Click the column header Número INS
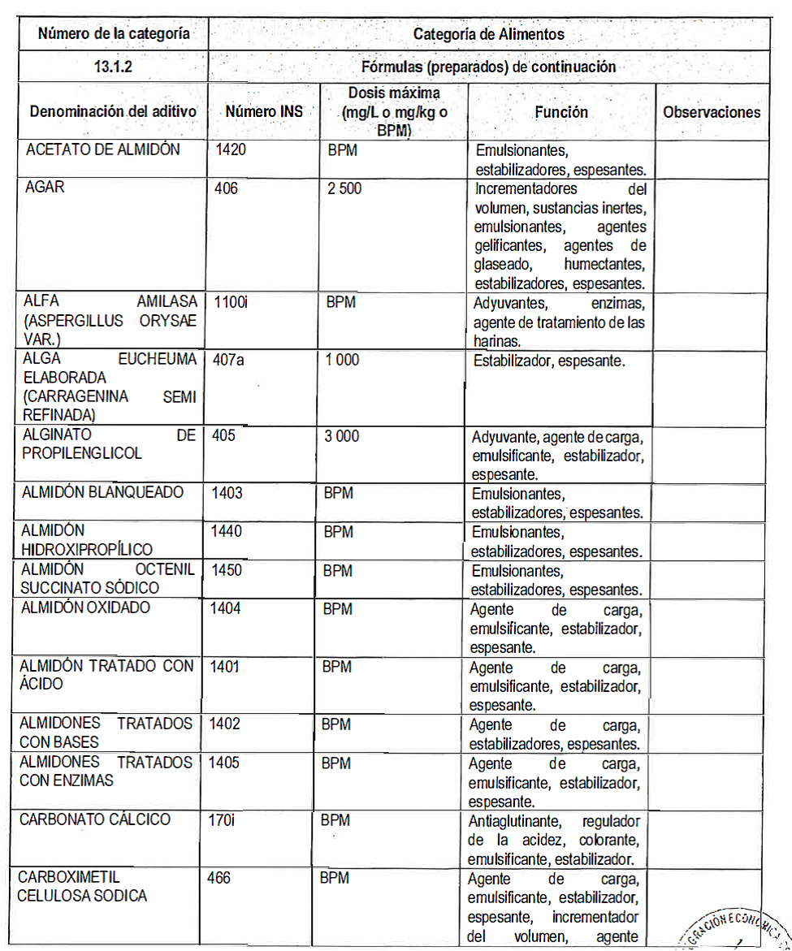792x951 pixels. pyautogui.click(x=263, y=111)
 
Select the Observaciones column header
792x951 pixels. pyautogui.click(x=712, y=112)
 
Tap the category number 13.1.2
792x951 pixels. pyautogui.click(x=113, y=67)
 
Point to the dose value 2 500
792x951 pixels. pyautogui.click(x=344, y=189)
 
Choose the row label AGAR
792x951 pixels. pyautogui.click(x=45, y=188)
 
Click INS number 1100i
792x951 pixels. pyautogui.click(x=231, y=302)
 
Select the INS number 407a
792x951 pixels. pyautogui.click(x=228, y=359)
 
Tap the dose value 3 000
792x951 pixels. pyautogui.click(x=341, y=436)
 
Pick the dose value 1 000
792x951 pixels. pyautogui.click(x=342, y=359)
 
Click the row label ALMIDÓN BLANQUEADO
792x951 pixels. pyautogui.click(x=102, y=492)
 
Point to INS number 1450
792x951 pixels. pyautogui.click(x=227, y=570)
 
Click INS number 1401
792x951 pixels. pyautogui.click(x=225, y=666)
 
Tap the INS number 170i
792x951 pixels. pyautogui.click(x=221, y=819)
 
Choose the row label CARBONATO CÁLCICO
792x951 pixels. pyautogui.click(x=95, y=819)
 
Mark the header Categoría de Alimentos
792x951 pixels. pyautogui.click(x=488, y=34)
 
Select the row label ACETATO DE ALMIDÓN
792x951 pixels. pyautogui.click(x=103, y=149)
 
